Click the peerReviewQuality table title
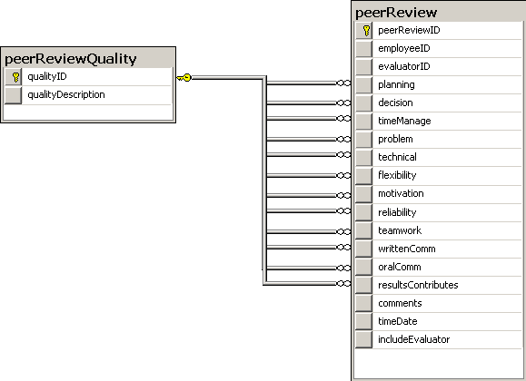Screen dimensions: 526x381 click(x=71, y=59)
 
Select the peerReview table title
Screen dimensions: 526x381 click(x=396, y=13)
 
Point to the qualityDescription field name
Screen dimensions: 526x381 click(x=66, y=95)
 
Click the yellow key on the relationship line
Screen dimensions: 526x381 click(x=184, y=78)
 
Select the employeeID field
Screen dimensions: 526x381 click(x=404, y=49)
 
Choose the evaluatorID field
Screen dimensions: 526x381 click(x=404, y=67)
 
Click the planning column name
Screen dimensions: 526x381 click(x=396, y=84)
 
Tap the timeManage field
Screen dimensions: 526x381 click(x=404, y=121)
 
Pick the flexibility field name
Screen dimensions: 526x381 click(x=397, y=175)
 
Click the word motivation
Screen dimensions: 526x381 click(x=401, y=194)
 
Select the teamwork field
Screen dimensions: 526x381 click(x=400, y=230)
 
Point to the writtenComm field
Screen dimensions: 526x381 click(x=407, y=249)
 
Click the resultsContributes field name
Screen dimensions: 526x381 click(x=418, y=285)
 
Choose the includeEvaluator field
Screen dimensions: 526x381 click(x=413, y=339)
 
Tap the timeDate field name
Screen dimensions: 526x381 click(x=398, y=321)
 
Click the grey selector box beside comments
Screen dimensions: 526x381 click(x=364, y=303)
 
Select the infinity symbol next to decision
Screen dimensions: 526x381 click(x=343, y=103)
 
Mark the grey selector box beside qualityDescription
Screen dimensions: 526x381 click(x=14, y=95)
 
